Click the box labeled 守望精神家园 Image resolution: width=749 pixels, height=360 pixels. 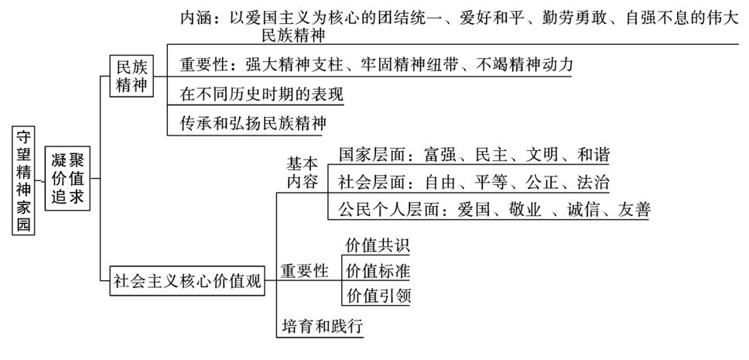[x=25, y=180]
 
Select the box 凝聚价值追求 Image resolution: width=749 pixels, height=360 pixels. [x=67, y=180]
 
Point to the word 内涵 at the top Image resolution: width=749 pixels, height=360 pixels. [x=196, y=17]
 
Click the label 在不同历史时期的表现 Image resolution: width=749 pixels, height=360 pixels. [x=262, y=94]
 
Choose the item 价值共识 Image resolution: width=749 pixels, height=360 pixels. [x=377, y=246]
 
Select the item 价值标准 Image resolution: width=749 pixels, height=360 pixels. [x=377, y=271]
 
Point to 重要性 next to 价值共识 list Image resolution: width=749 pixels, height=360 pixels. [x=304, y=271]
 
